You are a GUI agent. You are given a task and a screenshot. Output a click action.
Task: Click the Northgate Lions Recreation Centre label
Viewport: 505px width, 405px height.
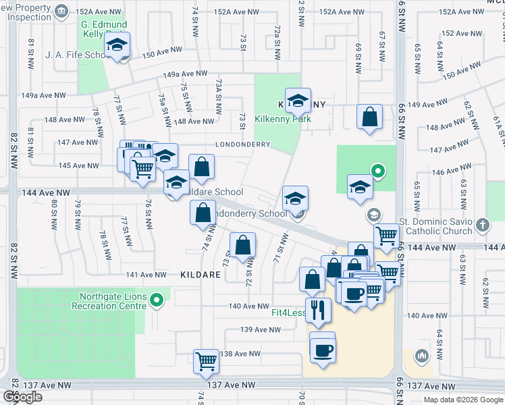[x=113, y=301]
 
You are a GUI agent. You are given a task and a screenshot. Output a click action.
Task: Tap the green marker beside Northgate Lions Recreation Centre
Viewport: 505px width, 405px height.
[x=157, y=298]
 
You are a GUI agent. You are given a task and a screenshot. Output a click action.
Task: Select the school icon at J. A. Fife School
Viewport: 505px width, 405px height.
[x=118, y=47]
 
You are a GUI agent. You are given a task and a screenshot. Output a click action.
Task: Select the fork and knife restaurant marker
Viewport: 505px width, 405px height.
[x=318, y=310]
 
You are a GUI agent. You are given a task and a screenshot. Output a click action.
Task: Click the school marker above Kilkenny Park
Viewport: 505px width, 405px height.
[x=298, y=101]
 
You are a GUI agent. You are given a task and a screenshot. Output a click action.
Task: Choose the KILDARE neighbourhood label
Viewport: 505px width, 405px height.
[x=201, y=275]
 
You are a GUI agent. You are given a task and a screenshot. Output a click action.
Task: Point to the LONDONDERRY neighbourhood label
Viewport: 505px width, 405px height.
[x=242, y=144]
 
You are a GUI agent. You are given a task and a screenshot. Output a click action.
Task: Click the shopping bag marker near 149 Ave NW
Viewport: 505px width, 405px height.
[x=370, y=117]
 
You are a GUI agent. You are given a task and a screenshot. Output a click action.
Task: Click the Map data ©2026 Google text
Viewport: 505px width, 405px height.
[x=462, y=400]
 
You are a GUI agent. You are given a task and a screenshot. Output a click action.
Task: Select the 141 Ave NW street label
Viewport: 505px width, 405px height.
[x=146, y=275]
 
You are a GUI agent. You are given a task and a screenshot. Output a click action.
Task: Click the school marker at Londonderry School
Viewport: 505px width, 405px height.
[x=295, y=198]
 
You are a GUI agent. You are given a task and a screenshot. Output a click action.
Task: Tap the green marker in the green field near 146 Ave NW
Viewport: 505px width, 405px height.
[x=378, y=171]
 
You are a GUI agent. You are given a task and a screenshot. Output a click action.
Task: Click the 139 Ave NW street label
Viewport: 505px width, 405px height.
[x=260, y=329]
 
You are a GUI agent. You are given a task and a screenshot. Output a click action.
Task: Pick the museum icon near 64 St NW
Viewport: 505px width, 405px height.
[x=421, y=355]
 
